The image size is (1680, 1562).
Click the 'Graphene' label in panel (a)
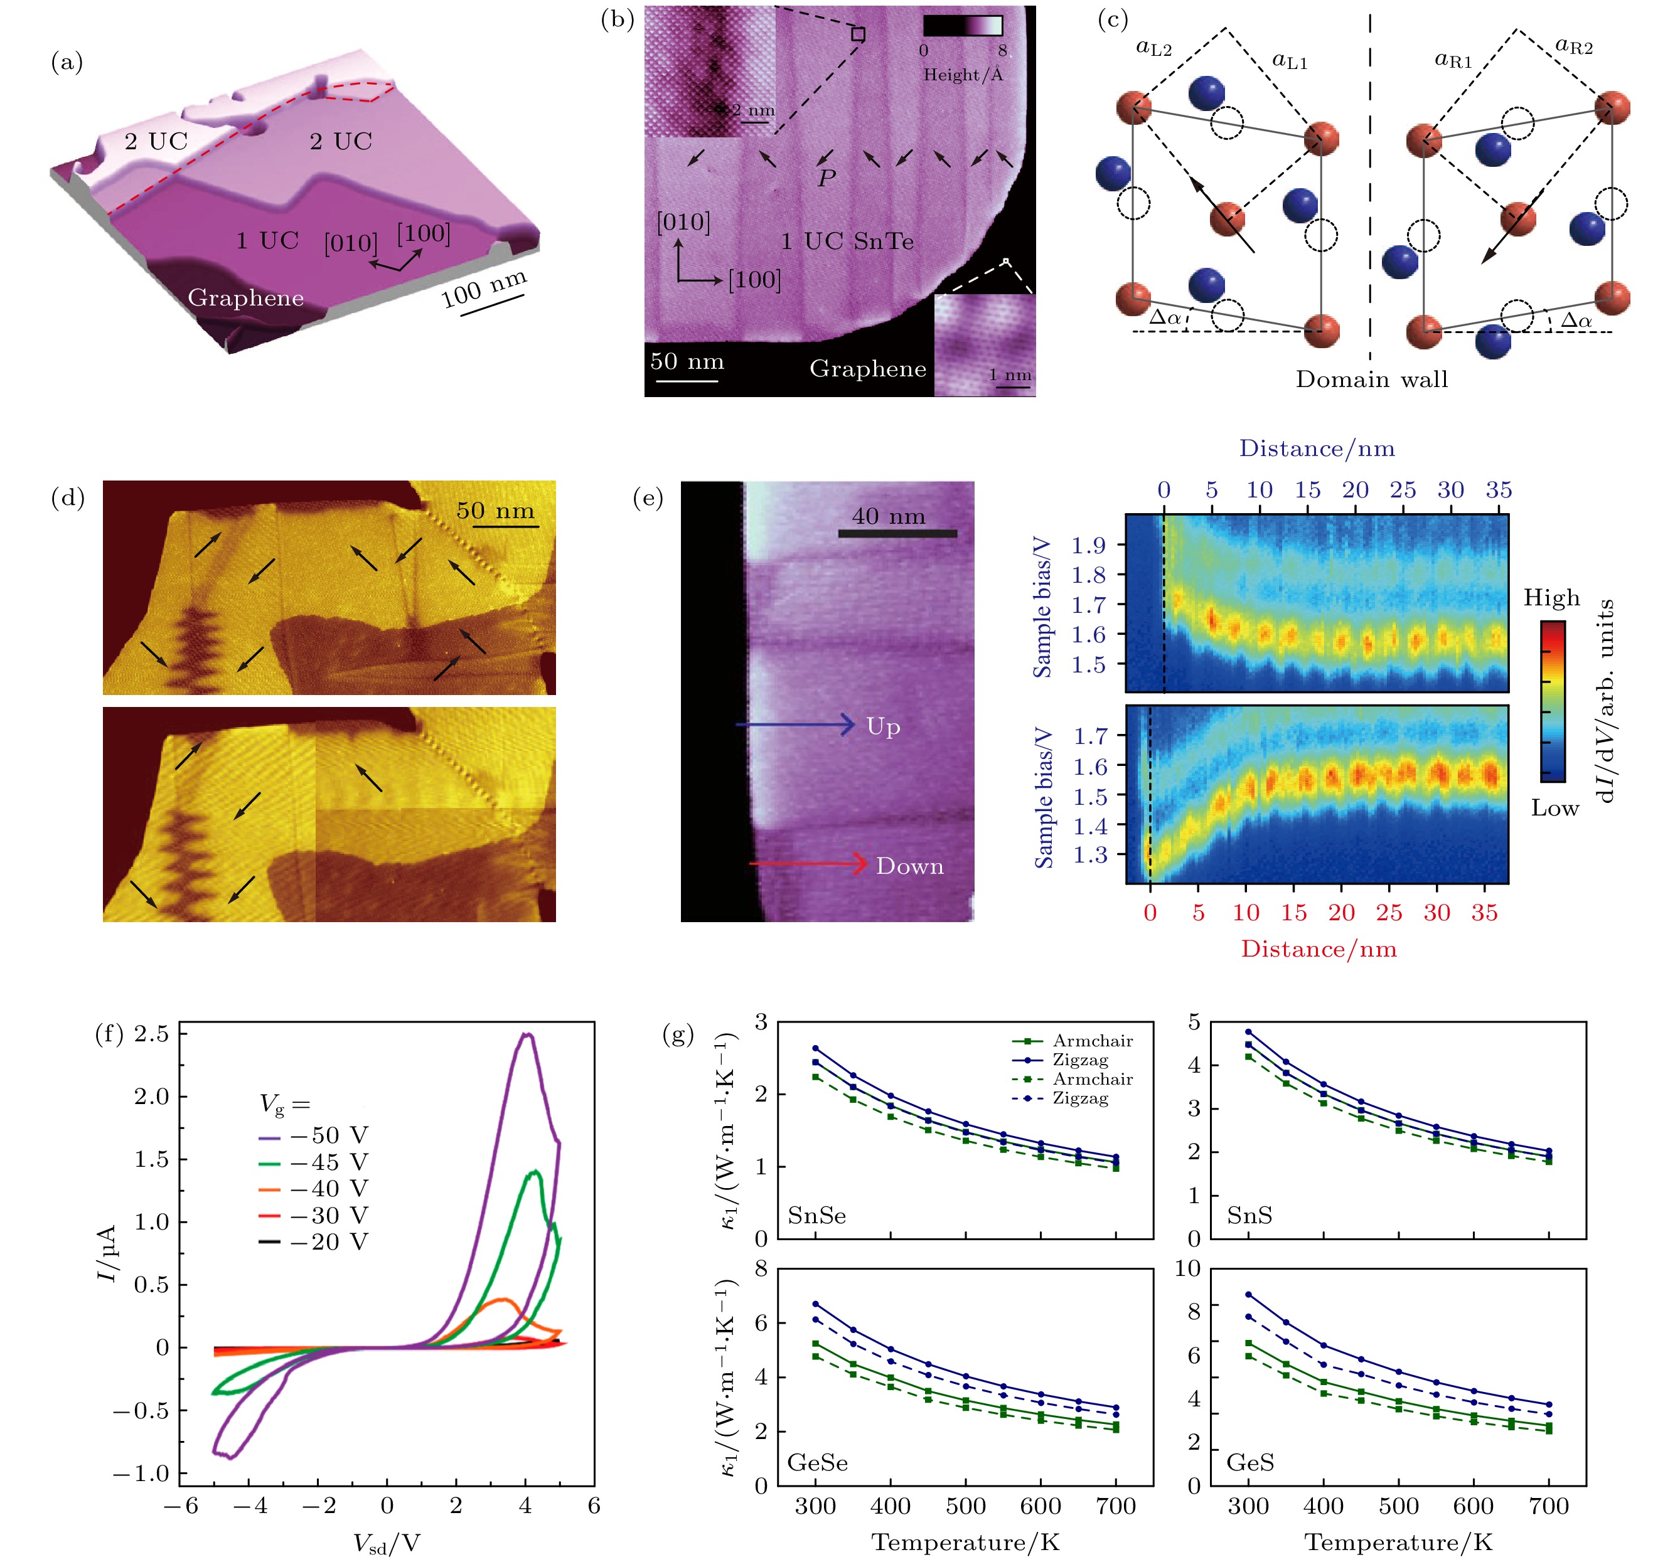245,297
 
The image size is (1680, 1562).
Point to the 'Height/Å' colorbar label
963,75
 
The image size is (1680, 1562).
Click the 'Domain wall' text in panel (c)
1371,380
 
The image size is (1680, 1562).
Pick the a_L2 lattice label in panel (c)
1153,48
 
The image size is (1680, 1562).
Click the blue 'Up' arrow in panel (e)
795,724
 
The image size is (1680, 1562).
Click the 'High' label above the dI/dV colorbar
1551,597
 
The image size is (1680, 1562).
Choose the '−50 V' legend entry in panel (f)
329,1135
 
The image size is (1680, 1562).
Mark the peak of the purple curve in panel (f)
527,1034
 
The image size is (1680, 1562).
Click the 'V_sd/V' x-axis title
386,1543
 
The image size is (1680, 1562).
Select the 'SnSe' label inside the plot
816,1215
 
